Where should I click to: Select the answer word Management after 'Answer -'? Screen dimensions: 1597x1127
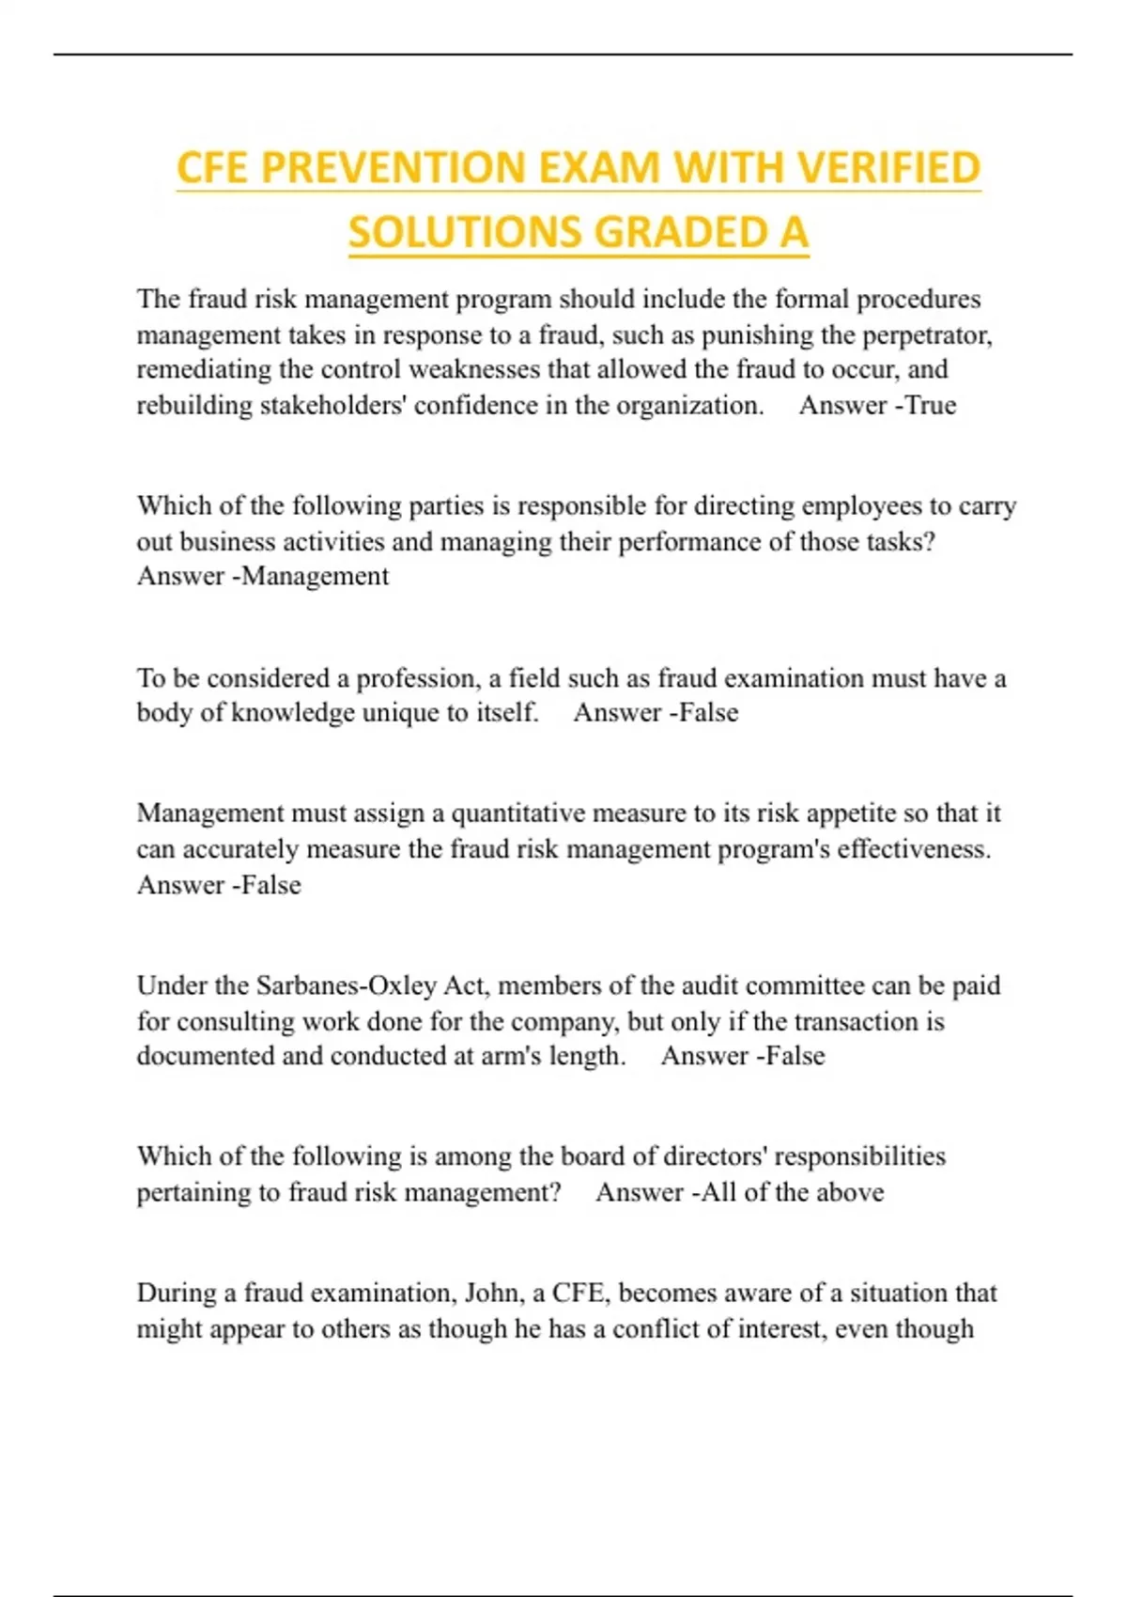[316, 576]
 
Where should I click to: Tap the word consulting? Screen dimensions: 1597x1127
[252, 1021]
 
